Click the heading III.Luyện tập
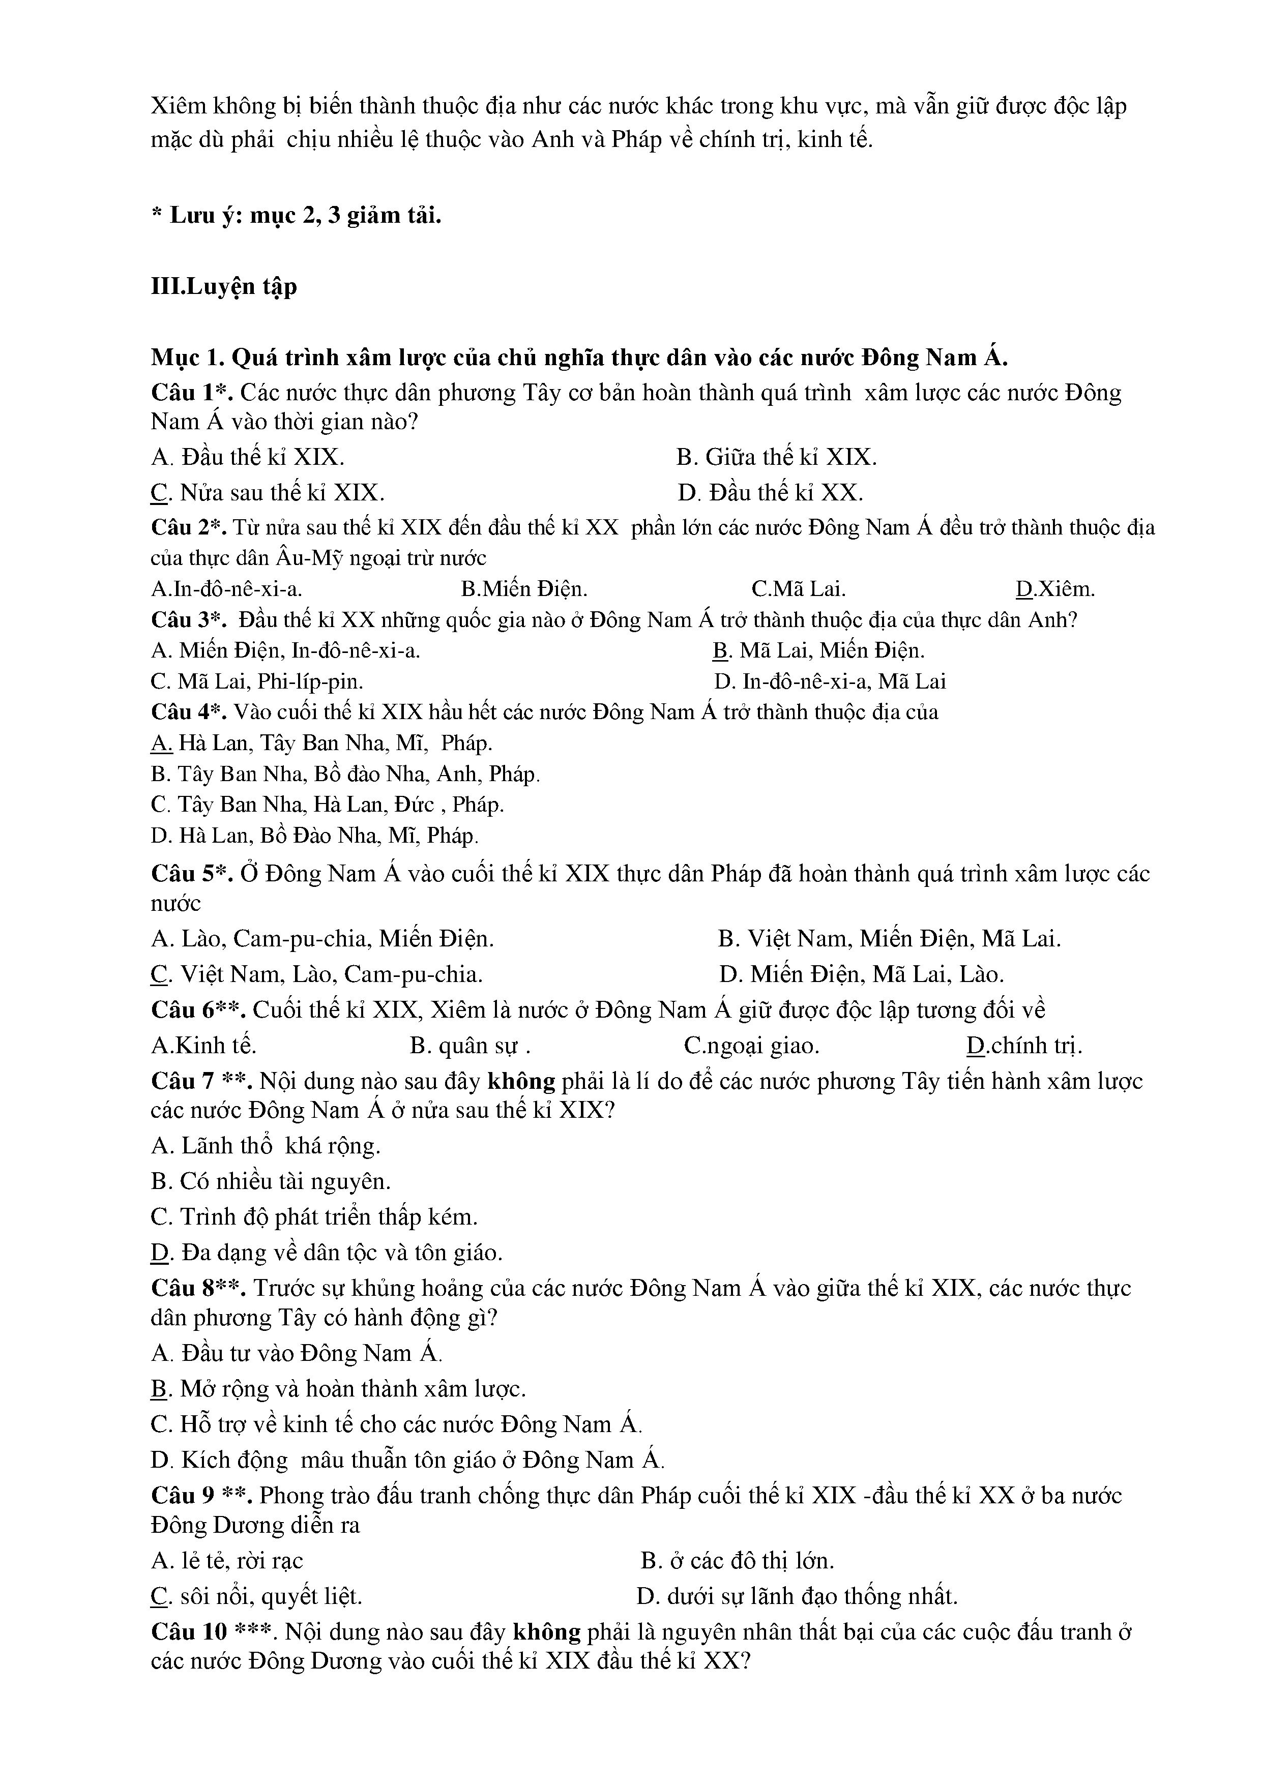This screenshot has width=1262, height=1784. [x=224, y=287]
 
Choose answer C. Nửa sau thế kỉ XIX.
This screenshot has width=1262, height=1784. [x=268, y=493]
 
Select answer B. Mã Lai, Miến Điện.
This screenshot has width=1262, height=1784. [x=818, y=650]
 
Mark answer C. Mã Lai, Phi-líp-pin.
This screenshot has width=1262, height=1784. [x=257, y=681]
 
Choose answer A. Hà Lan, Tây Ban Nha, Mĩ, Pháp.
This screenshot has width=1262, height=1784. [x=321, y=744]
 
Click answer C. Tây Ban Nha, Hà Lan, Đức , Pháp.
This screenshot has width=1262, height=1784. [x=327, y=804]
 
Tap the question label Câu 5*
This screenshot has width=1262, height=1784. [x=191, y=874]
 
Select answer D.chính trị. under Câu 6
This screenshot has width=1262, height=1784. [x=1024, y=1046]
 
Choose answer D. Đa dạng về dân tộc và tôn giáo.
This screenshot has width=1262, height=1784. [x=327, y=1253]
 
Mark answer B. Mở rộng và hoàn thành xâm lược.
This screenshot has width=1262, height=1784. [x=339, y=1388]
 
